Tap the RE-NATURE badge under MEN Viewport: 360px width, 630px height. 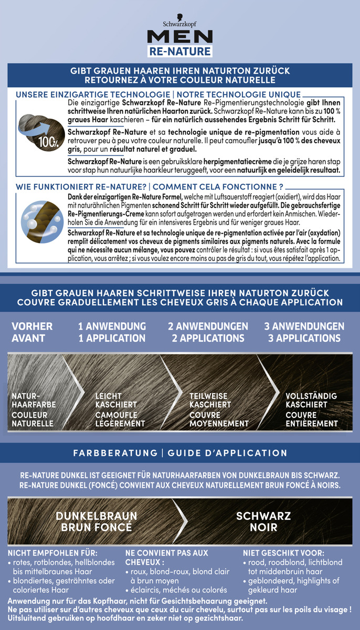coord(180,51)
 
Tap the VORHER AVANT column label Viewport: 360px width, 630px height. coord(32,332)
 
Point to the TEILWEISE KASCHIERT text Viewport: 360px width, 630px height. coord(210,400)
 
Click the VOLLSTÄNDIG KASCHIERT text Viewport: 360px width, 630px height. coord(311,400)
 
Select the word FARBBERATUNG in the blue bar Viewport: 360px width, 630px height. coord(115,453)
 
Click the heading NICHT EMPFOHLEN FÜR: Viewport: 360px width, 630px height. coord(52,553)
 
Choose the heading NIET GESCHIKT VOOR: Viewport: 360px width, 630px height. coord(284,553)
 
